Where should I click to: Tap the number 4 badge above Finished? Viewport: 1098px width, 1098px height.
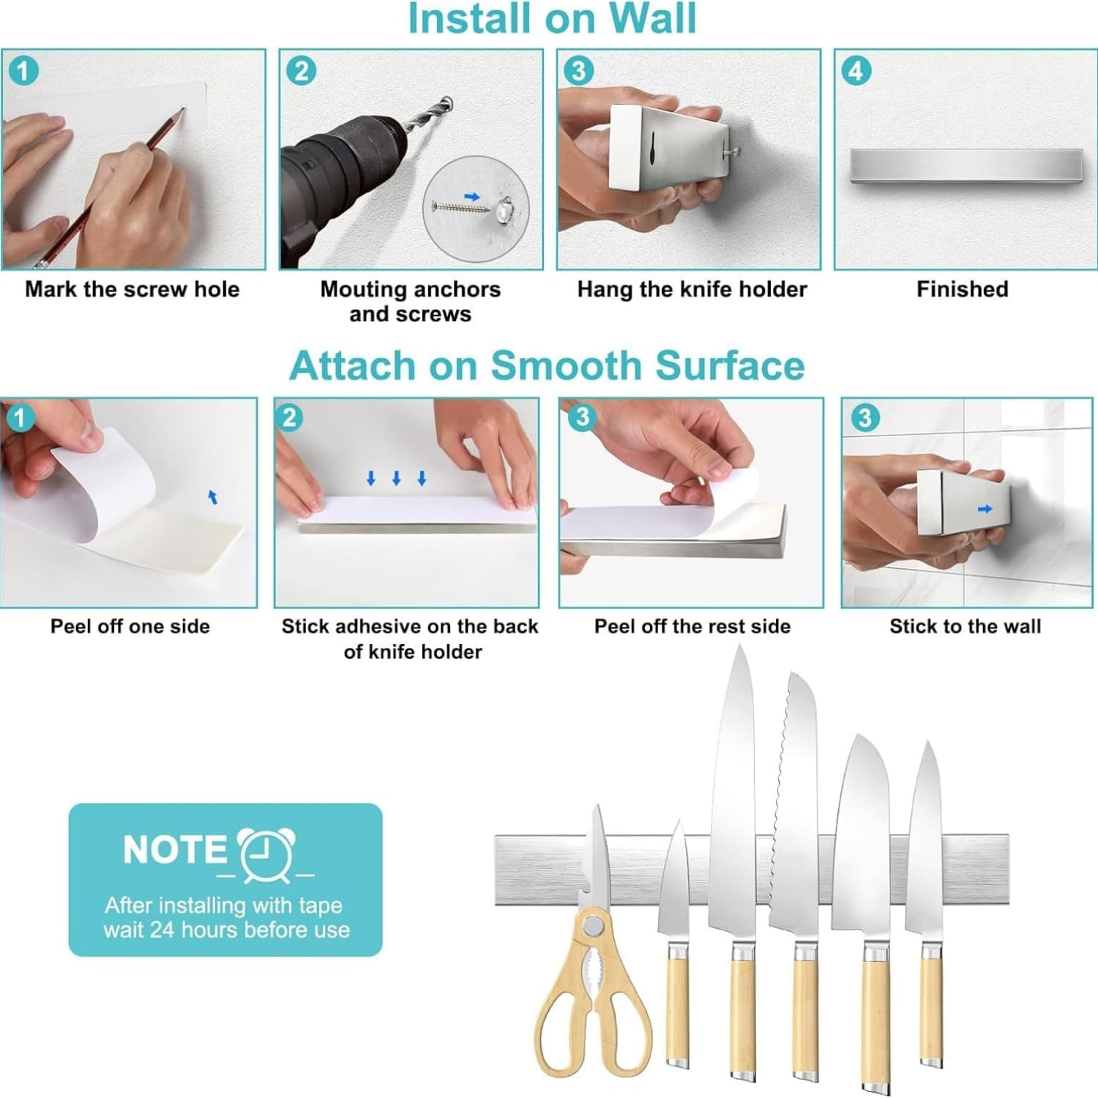(x=856, y=72)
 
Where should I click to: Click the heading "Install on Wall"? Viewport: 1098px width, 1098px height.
(x=551, y=18)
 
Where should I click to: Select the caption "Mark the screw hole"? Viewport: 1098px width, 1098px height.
(x=132, y=289)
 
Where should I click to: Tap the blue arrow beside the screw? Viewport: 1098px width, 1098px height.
(x=472, y=196)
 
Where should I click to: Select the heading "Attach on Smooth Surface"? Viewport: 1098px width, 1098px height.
(x=547, y=365)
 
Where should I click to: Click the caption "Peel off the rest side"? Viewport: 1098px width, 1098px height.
(x=692, y=627)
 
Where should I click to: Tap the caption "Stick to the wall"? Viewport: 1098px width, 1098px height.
(x=965, y=627)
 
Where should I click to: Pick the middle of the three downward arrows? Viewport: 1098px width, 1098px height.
(x=396, y=479)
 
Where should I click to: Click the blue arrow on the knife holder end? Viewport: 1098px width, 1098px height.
(x=985, y=509)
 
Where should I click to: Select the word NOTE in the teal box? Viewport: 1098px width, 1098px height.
(x=175, y=850)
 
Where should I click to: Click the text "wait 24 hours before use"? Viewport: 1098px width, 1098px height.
(x=227, y=930)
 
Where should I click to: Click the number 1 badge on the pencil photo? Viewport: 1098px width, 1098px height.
(x=23, y=71)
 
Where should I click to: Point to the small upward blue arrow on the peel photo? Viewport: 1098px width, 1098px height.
(x=213, y=498)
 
